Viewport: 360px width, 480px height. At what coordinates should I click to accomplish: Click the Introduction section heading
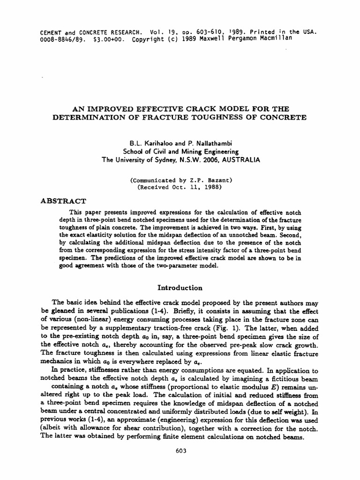pyautogui.click(x=180, y=287)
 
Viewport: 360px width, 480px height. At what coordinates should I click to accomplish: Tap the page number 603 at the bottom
pyautogui.click(x=181, y=451)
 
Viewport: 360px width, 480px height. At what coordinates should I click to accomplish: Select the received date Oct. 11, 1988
pyautogui.click(x=191, y=187)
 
